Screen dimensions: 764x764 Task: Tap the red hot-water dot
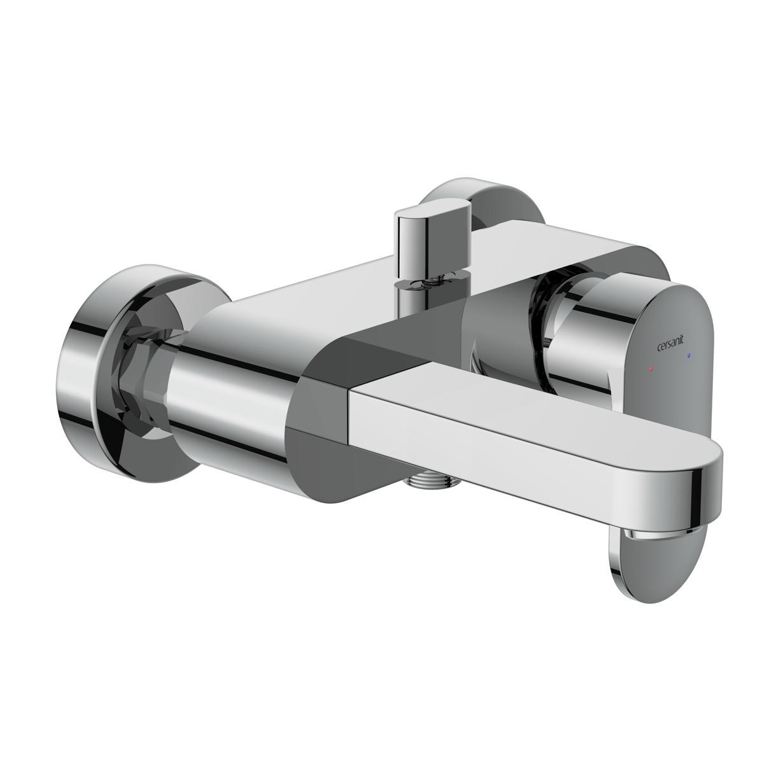click(x=651, y=369)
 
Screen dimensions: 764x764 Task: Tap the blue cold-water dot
click(x=689, y=356)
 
